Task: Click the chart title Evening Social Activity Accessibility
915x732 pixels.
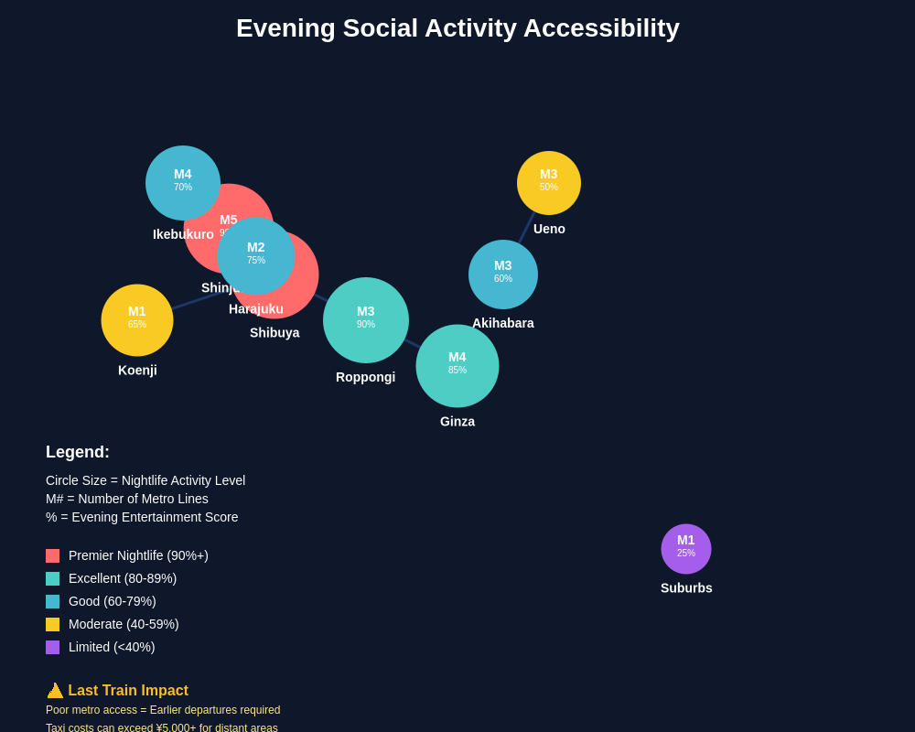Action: (457, 28)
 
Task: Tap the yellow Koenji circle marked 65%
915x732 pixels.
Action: (137, 320)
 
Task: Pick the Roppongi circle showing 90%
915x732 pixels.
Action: (366, 320)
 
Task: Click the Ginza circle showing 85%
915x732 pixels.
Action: (457, 366)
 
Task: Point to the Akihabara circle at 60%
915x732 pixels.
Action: (503, 274)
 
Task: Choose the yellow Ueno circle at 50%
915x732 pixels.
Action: (549, 183)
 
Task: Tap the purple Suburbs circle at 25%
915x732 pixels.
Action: (686, 549)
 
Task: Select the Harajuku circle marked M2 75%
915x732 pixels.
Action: (256, 256)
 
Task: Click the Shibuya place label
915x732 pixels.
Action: (274, 333)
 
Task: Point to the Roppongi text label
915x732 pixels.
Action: (365, 377)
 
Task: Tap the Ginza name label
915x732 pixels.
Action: (457, 422)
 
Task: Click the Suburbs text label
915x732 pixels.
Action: (686, 588)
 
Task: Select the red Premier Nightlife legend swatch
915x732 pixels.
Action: (52, 555)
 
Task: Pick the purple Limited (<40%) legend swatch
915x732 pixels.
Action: (52, 647)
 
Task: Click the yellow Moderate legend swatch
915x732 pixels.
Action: (52, 624)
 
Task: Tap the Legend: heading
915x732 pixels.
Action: (78, 452)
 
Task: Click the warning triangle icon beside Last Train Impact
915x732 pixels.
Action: (55, 691)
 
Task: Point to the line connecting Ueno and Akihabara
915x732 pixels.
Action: (526, 228)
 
